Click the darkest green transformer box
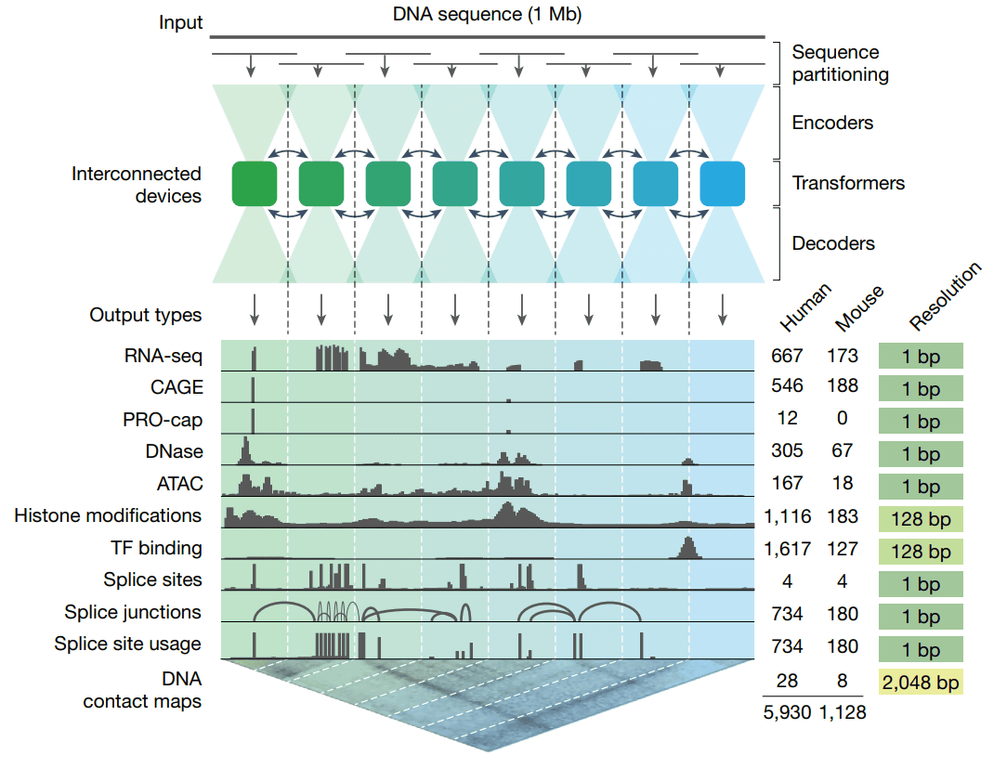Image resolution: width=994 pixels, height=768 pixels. coord(255,183)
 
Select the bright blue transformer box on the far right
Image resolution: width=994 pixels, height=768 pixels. coord(723,183)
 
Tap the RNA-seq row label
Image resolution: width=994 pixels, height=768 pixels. coord(163,357)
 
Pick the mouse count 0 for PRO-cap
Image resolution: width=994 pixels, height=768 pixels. coord(842,419)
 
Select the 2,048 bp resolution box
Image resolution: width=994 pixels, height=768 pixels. coord(920,683)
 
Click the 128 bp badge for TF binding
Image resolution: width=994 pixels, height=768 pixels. coord(920,552)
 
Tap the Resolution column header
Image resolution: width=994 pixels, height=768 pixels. coord(944,297)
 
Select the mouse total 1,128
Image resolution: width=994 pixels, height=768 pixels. coord(843,712)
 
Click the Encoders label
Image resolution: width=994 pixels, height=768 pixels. coord(832,123)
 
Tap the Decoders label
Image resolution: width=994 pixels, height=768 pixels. coord(833,243)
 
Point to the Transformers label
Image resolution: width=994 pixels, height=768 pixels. coord(848,183)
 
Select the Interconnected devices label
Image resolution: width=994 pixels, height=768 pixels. coord(137,184)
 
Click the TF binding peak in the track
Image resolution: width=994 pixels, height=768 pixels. coord(687,548)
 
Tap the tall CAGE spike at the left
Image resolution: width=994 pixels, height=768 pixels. coord(253,388)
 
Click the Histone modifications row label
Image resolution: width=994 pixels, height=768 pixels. coord(108,515)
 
